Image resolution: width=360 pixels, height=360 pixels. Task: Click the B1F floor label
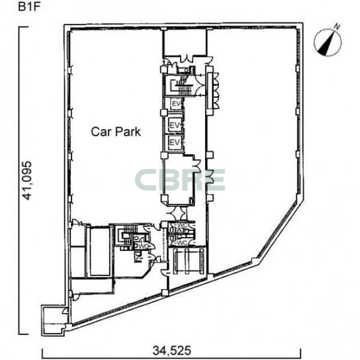(x=29, y=7)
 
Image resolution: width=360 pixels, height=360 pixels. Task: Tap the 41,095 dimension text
(x=26, y=181)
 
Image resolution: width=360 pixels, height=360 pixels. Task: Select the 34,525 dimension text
(x=172, y=351)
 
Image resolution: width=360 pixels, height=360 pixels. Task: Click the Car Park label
(x=116, y=132)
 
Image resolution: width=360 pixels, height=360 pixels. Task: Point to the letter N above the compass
(x=337, y=26)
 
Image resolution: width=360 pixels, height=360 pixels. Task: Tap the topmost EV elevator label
(x=177, y=104)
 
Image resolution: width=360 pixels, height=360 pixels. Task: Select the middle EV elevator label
(x=175, y=125)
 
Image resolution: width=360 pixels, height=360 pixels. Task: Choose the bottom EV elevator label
(x=175, y=142)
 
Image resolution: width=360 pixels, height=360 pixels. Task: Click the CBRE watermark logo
(x=180, y=180)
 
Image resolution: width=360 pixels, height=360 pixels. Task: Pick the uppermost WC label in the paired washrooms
(x=181, y=225)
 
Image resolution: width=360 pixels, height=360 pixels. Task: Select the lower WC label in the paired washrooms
(x=181, y=242)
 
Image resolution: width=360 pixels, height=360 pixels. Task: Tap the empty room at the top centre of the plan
(x=185, y=42)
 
